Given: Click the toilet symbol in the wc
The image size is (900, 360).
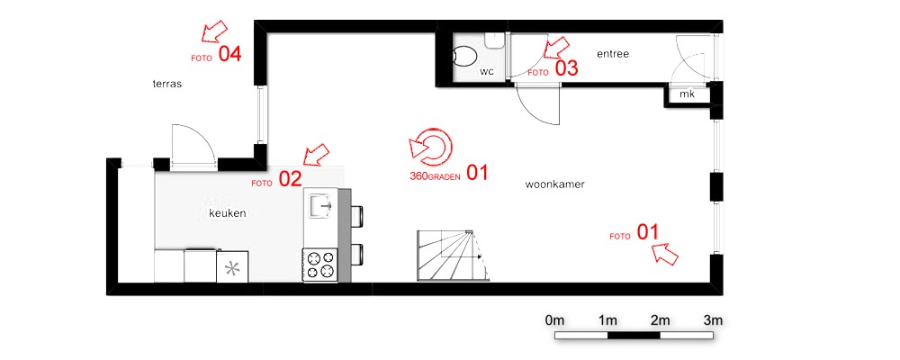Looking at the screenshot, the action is [x=465, y=58].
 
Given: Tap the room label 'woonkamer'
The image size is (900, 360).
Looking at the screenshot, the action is [x=554, y=184].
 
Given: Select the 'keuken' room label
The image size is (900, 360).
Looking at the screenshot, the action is [x=228, y=213].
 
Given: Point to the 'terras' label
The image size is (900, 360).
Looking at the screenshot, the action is [x=167, y=84].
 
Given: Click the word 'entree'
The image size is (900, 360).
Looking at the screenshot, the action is [x=613, y=55].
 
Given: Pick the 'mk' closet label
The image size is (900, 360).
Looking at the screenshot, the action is [x=687, y=94].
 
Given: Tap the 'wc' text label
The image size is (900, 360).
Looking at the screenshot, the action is [x=487, y=71].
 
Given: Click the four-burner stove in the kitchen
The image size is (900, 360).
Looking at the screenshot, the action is [x=320, y=265].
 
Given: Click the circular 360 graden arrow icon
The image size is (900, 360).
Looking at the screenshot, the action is [x=432, y=147].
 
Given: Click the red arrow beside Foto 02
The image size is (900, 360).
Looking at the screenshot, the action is [x=316, y=155].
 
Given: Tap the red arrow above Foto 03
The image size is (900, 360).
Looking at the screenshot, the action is [x=555, y=48].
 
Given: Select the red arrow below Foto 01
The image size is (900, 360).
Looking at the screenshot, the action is [x=665, y=253].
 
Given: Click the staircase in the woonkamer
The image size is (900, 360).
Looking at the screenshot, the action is [x=453, y=255].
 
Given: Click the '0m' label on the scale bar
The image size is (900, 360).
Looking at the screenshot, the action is [x=555, y=320].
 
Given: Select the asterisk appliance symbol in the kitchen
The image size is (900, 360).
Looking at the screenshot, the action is [x=232, y=269].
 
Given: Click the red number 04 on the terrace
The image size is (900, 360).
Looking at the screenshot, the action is [x=230, y=55].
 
